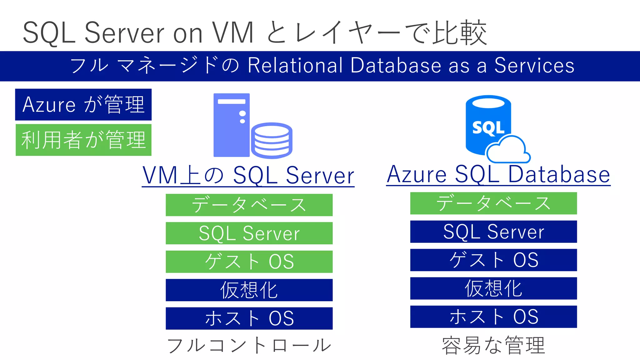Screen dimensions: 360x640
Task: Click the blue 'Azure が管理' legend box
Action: [83, 104]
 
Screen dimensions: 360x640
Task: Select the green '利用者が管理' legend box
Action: [83, 140]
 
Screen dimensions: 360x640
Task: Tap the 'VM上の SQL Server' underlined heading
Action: [248, 176]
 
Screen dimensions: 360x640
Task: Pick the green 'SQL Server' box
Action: [249, 233]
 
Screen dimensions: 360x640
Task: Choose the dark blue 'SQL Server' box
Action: [493, 232]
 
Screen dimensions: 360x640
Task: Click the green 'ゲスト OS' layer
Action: [249, 262]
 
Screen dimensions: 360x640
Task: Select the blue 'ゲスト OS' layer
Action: [493, 260]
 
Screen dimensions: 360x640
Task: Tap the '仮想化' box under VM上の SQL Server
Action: [249, 290]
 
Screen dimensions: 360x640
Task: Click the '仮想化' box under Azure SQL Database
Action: [493, 288]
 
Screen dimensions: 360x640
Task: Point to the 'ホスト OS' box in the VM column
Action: [249, 318]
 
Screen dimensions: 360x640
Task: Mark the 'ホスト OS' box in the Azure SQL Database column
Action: [493, 317]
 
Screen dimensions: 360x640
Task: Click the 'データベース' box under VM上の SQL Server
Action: [249, 205]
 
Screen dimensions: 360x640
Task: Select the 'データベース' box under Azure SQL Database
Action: [493, 203]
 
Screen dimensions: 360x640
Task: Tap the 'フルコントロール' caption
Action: [249, 346]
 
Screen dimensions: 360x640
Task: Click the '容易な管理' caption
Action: [493, 346]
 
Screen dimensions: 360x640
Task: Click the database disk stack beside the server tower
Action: [271, 140]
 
